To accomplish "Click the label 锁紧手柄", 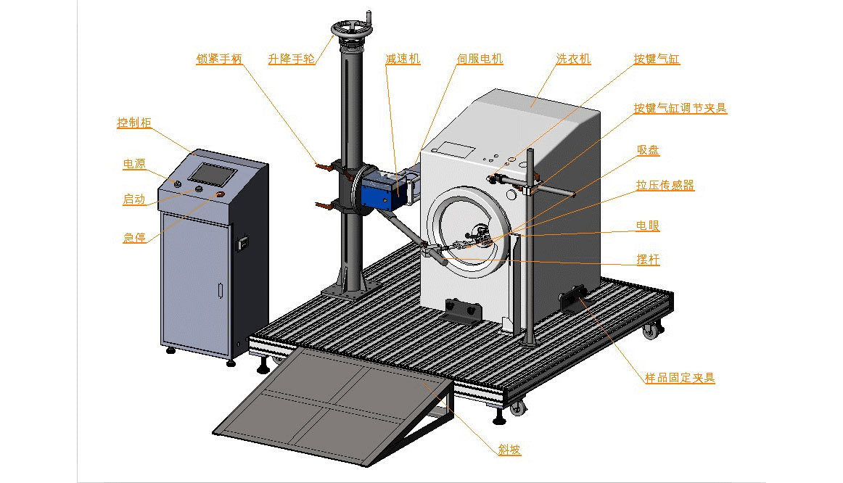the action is tap(219, 59).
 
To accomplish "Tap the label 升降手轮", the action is tap(292, 59).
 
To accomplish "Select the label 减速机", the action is tap(403, 59).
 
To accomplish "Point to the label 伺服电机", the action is tap(480, 59).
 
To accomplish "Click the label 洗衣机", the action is tap(573, 59).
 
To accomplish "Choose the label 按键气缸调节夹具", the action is tap(680, 108).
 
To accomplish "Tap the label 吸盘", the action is tap(648, 150).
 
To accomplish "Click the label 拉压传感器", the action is tap(665, 186).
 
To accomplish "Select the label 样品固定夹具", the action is tap(680, 378).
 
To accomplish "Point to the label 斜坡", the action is tap(509, 450).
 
